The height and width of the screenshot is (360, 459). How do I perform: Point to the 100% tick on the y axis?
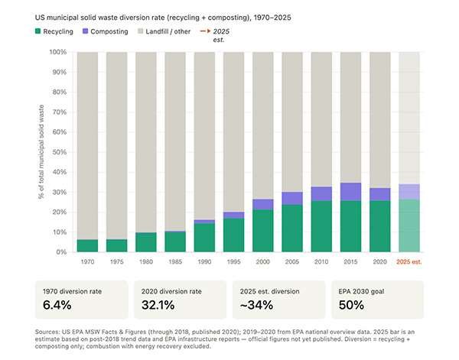tap(58, 52)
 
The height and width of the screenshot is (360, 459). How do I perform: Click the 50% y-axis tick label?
tap(60, 152)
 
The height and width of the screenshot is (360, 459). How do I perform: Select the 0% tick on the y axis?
tap(62, 252)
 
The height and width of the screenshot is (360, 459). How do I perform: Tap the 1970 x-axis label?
tap(88, 261)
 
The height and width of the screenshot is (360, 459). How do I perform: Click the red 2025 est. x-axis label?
tap(409, 261)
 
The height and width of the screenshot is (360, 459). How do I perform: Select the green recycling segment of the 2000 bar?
tap(263, 230)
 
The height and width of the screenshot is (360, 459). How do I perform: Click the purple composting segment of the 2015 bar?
tap(350, 192)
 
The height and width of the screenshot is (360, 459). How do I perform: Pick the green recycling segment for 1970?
tap(88, 245)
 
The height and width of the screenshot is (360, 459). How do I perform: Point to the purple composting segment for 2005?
tap(292, 198)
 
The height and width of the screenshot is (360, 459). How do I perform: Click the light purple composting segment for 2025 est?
tap(409, 191)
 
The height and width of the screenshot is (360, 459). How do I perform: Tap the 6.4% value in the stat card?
tap(57, 306)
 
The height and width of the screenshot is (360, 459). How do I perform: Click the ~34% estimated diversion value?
tap(256, 306)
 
